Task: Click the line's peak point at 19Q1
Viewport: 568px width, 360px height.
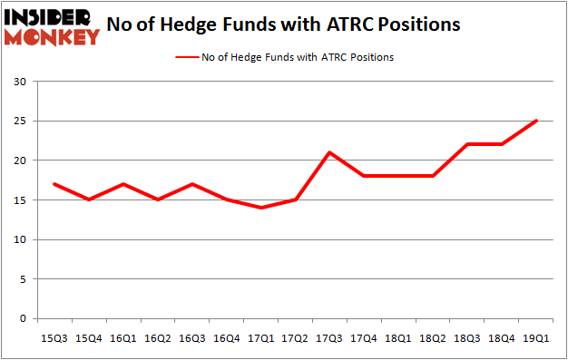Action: [535, 121]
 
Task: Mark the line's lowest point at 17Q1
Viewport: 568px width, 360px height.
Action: [261, 208]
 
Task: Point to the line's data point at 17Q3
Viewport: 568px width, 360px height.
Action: [330, 152]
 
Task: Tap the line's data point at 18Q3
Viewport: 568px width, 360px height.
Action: [467, 144]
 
